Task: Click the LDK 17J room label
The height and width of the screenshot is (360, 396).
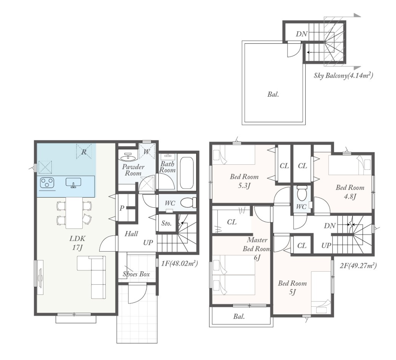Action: click(x=77, y=243)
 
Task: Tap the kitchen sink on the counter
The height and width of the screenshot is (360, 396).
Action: click(x=73, y=183)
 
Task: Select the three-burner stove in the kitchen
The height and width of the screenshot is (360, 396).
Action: click(x=47, y=183)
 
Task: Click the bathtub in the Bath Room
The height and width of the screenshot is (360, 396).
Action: click(x=187, y=173)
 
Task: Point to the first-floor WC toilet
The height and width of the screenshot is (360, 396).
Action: click(x=188, y=202)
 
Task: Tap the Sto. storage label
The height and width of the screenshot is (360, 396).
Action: click(x=166, y=223)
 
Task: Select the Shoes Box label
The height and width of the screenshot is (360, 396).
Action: click(x=136, y=274)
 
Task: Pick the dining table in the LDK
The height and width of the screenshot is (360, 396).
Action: click(x=74, y=213)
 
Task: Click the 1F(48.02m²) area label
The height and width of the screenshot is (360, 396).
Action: click(x=179, y=264)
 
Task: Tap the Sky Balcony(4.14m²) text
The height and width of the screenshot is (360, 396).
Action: click(x=343, y=75)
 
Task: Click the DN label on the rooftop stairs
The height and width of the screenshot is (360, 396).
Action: click(x=302, y=33)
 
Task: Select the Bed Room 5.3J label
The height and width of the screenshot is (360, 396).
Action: click(x=244, y=181)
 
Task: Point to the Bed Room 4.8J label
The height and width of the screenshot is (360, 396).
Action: click(x=350, y=192)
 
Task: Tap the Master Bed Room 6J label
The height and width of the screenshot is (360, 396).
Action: click(x=257, y=248)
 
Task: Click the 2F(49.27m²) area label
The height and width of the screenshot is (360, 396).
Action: click(x=358, y=266)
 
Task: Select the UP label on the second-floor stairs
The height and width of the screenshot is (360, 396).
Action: click(x=326, y=245)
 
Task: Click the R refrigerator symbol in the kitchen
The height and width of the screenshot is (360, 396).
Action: click(x=84, y=152)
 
